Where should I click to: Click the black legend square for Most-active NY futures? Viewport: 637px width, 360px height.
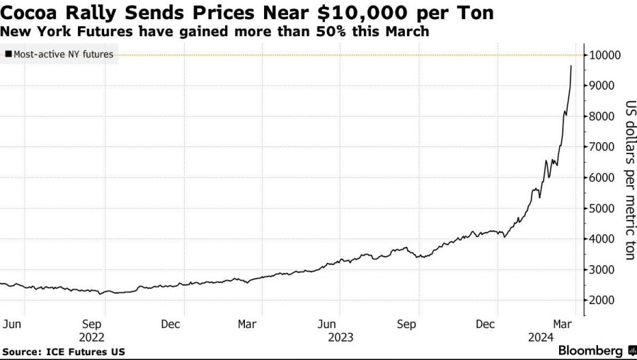(8, 54)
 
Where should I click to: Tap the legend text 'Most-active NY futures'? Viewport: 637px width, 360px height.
(63, 54)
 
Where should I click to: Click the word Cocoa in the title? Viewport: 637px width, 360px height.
(30, 13)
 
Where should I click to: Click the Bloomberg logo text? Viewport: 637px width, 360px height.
(590, 350)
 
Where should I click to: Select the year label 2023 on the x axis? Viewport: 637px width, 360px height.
(339, 337)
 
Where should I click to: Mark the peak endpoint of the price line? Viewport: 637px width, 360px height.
(571, 66)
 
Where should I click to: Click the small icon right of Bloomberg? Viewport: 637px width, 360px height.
(630, 350)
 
